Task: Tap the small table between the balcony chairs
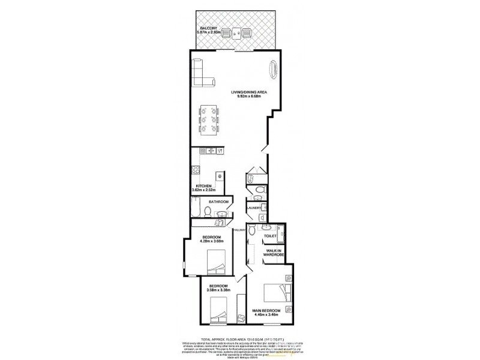238,34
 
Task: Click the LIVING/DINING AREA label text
249,92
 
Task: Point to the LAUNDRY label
253,208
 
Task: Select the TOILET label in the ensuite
270,236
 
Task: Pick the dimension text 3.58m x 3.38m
218,290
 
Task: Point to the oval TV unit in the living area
275,70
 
